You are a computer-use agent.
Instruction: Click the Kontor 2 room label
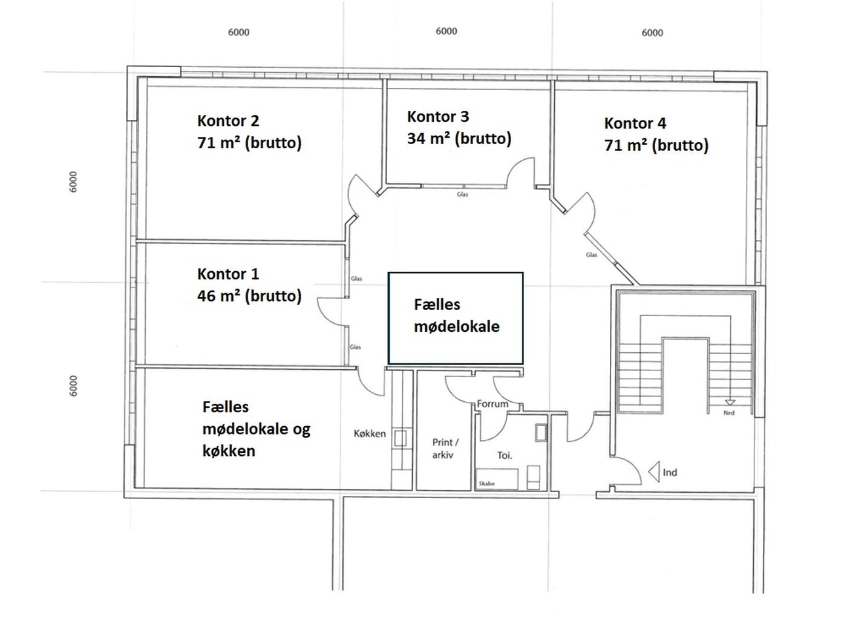click(228, 120)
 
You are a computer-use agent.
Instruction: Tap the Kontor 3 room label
click(437, 117)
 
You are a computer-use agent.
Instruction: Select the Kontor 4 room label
click(635, 123)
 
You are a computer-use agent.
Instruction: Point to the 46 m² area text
click(249, 296)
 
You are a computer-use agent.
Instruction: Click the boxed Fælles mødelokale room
click(455, 318)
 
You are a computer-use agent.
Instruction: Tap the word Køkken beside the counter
click(369, 433)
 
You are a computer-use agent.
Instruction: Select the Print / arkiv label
click(445, 448)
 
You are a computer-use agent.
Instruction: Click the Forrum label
click(492, 404)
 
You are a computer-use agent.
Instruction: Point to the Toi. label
click(505, 455)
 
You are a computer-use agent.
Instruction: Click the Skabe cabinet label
click(486, 484)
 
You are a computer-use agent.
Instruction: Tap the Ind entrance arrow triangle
click(654, 472)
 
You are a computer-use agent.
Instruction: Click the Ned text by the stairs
click(728, 413)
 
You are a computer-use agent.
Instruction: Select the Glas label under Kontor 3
click(462, 194)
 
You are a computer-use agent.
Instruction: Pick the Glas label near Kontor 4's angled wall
click(591, 255)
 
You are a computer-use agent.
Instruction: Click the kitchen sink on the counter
click(400, 438)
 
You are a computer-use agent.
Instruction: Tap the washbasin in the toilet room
click(541, 433)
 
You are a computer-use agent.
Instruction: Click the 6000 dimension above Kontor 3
click(446, 31)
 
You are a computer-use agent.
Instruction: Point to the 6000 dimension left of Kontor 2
click(73, 182)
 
